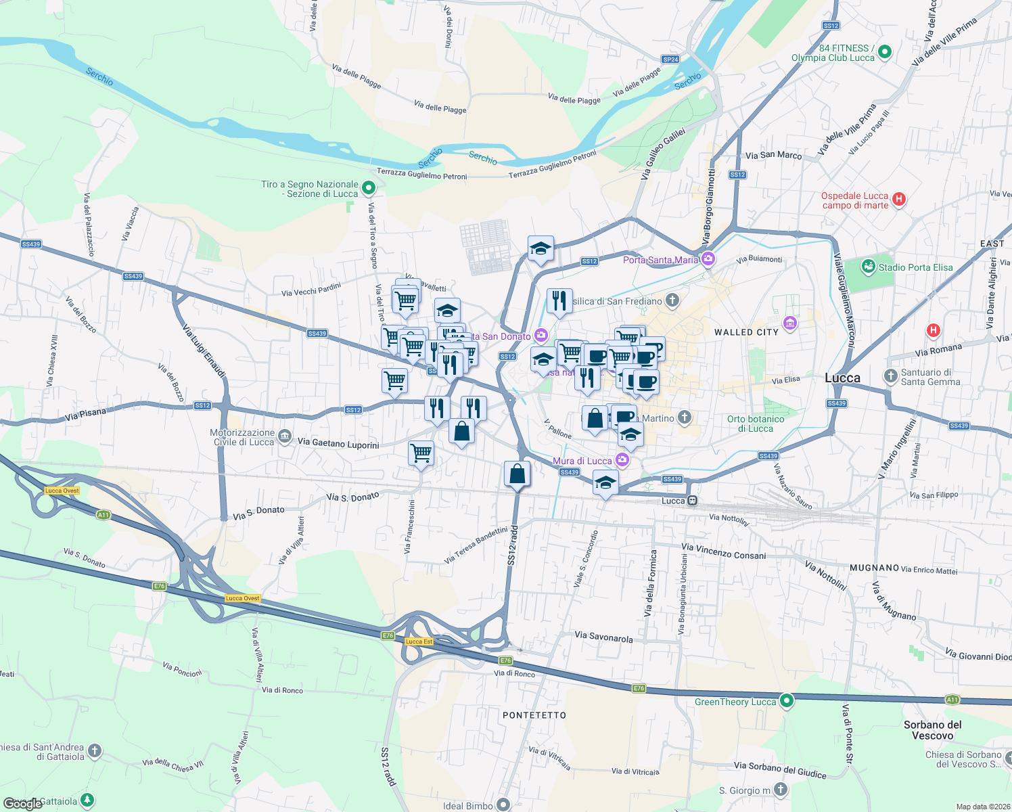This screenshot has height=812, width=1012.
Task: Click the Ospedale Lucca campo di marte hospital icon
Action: pos(899,199)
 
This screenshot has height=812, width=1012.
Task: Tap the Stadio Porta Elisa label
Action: pos(915,267)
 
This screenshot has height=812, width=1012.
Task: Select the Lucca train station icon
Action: pos(692,501)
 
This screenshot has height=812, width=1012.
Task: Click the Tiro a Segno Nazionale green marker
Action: pos(369,187)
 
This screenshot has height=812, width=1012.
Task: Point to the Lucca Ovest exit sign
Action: pos(62,491)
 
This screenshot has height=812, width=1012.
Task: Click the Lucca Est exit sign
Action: pos(419,641)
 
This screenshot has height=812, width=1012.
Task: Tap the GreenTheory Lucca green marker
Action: pos(786,701)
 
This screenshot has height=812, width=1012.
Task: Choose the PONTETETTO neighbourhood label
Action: pos(534,715)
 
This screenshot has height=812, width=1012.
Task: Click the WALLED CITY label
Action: pos(746,332)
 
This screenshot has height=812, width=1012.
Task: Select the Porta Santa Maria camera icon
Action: pos(708,259)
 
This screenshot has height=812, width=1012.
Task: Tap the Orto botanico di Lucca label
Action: pos(756,424)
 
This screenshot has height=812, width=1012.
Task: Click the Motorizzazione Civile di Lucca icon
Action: pos(285,436)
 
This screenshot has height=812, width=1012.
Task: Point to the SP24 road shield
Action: pos(670,60)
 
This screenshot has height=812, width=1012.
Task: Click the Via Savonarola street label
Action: pos(603,637)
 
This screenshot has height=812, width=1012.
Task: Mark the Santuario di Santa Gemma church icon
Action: pos(890,376)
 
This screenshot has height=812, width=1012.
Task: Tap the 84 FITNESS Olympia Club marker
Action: pos(885,52)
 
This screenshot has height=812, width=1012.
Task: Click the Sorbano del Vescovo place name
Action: pos(932,730)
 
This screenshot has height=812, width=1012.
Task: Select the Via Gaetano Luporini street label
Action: pos(338,443)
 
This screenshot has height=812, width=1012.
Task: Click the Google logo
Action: pos(22,803)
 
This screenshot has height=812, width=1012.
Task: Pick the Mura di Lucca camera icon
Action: pos(622,461)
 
